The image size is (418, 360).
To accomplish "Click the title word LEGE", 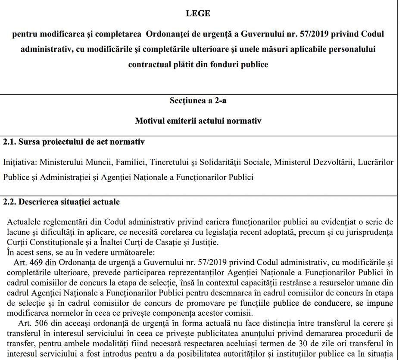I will (198, 14).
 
